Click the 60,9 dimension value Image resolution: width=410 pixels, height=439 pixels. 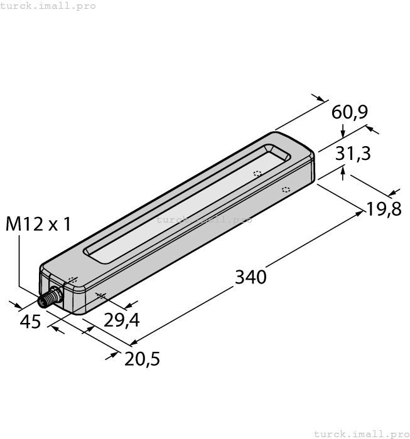tap(350, 112)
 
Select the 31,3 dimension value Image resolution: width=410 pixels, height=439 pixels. tap(353, 154)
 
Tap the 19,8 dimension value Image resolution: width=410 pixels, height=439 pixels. tap(384, 209)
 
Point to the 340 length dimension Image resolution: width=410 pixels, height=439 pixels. tap(251, 277)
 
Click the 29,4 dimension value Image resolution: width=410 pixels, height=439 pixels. tap(121, 320)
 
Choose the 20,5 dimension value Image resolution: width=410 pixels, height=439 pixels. tap(142, 359)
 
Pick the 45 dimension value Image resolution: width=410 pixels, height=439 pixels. tap(30, 321)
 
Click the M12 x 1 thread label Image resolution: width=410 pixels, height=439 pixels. tap(38, 224)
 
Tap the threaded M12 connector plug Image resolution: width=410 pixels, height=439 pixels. tap(50, 298)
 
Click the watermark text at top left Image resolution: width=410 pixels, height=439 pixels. tap(48, 6)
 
